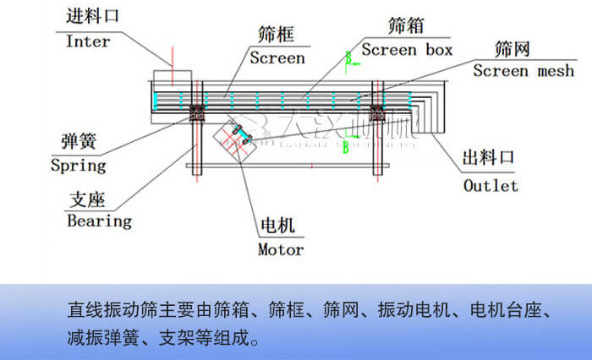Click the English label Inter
88,41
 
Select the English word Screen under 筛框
277,57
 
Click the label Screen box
408,49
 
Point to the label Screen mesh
524,70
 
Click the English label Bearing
100,221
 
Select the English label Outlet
491,185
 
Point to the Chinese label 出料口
488,158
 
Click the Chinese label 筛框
276,34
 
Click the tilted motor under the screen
238,138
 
